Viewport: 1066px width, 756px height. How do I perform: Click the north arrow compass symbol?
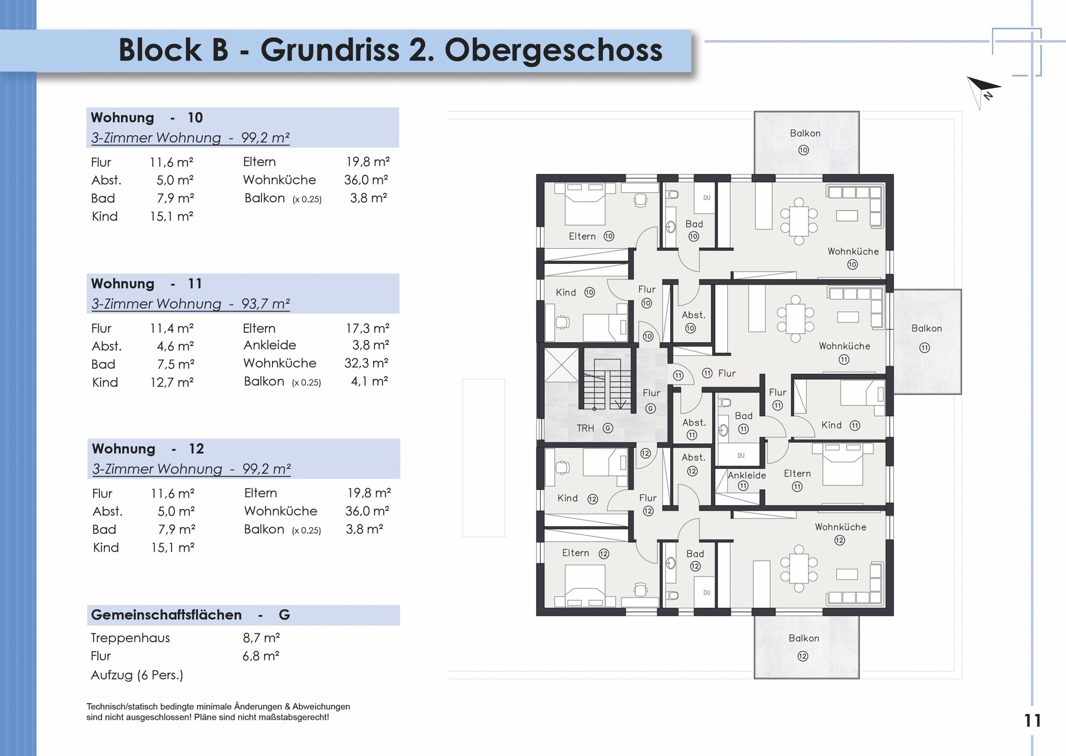(983, 91)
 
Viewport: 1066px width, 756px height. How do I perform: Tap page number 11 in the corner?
(1033, 720)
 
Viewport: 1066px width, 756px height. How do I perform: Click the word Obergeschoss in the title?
(554, 50)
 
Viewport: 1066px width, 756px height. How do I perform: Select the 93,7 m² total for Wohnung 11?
(265, 304)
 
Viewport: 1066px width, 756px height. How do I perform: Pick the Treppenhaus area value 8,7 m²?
(261, 638)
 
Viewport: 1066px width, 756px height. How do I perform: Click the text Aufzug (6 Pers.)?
(137, 675)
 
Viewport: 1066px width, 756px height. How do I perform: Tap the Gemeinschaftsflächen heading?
(167, 615)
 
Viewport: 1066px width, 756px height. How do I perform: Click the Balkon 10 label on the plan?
(804, 141)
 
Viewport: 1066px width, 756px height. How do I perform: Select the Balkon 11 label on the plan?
(926, 337)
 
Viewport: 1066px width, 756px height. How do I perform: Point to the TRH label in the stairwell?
(585, 428)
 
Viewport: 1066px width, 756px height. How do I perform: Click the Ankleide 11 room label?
(746, 480)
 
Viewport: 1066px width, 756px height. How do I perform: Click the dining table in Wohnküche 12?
(798, 569)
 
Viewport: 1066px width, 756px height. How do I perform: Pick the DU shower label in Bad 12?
(706, 593)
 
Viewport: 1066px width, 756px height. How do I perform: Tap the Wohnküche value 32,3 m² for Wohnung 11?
(366, 363)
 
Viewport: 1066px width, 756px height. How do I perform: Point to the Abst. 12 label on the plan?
(693, 464)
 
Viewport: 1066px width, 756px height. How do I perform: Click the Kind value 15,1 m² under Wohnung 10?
(172, 216)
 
